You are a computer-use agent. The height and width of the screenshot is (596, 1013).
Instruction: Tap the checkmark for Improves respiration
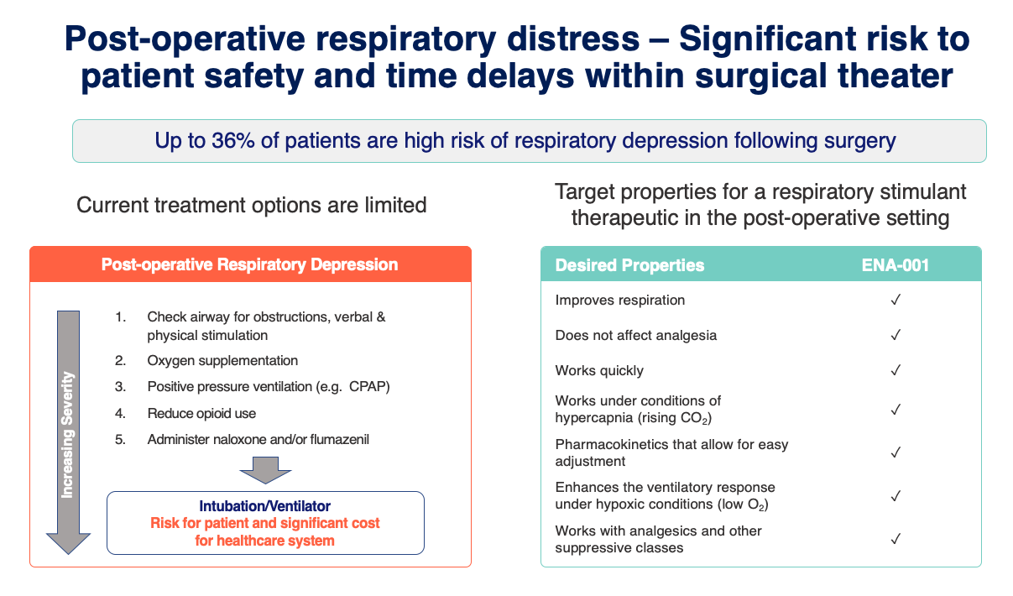(896, 300)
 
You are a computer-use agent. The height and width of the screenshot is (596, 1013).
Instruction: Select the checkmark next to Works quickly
(896, 370)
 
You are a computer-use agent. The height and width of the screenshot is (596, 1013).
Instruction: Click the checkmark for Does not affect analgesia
(896, 335)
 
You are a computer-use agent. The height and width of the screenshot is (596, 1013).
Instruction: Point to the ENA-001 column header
(895, 265)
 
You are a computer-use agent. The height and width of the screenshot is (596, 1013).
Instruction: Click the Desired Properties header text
(629, 265)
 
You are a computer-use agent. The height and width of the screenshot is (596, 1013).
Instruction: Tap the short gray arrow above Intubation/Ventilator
(265, 470)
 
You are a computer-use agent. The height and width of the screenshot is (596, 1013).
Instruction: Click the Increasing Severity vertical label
(67, 435)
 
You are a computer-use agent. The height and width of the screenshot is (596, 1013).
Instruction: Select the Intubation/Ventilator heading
(265, 506)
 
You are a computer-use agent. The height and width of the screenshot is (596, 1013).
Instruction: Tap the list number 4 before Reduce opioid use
(120, 413)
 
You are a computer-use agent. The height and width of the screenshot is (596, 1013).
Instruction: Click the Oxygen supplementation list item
(222, 360)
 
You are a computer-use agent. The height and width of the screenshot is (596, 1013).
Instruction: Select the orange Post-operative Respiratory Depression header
(251, 264)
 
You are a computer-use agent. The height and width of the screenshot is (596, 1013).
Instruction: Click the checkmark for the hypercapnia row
(896, 410)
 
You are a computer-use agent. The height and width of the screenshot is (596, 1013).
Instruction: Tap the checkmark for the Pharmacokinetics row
(896, 452)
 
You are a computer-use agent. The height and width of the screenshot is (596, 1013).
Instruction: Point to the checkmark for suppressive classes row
(896, 539)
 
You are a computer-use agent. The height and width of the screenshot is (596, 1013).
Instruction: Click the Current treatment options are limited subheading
(252, 206)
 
